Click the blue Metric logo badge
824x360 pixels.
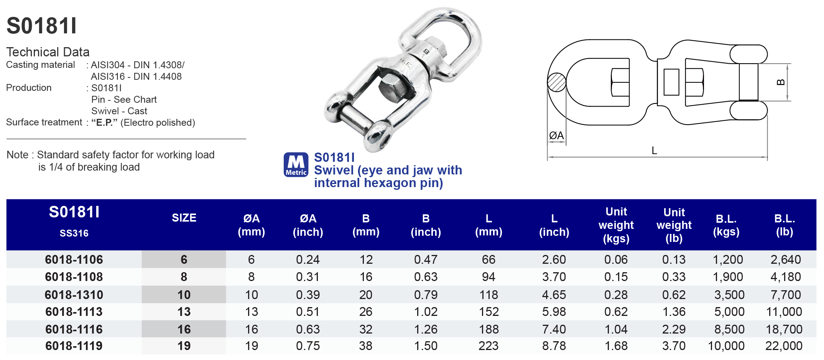(x=296, y=165)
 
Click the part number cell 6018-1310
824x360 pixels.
(x=74, y=295)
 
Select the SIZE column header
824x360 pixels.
(x=184, y=218)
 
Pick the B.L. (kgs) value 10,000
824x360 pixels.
(x=726, y=346)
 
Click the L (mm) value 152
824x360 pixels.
(x=488, y=312)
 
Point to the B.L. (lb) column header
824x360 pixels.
(x=784, y=225)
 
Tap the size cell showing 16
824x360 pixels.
(x=184, y=329)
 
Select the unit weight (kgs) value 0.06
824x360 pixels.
(x=616, y=260)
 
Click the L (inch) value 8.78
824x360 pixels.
(x=554, y=346)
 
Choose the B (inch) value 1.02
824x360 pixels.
(x=426, y=312)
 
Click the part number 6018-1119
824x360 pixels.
(x=74, y=346)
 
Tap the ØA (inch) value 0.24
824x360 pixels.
(x=308, y=260)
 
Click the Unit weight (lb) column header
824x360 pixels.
(x=674, y=225)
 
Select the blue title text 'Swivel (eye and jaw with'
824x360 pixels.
(x=388, y=170)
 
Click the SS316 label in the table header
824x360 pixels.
(x=74, y=233)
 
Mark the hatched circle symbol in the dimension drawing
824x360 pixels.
(x=556, y=82)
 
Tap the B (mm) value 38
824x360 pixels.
(x=365, y=346)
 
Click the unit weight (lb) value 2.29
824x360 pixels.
(x=674, y=329)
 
